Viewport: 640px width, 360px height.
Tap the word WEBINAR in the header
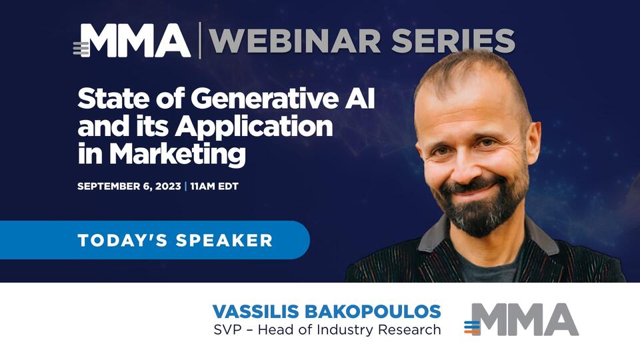point(295,41)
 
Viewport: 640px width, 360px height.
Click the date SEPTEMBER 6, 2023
point(129,186)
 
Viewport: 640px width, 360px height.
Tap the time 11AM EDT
point(214,186)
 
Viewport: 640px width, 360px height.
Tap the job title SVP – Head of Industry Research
point(327,329)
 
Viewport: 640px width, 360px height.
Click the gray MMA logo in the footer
point(521,319)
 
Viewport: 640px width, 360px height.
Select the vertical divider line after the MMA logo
point(200,41)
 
